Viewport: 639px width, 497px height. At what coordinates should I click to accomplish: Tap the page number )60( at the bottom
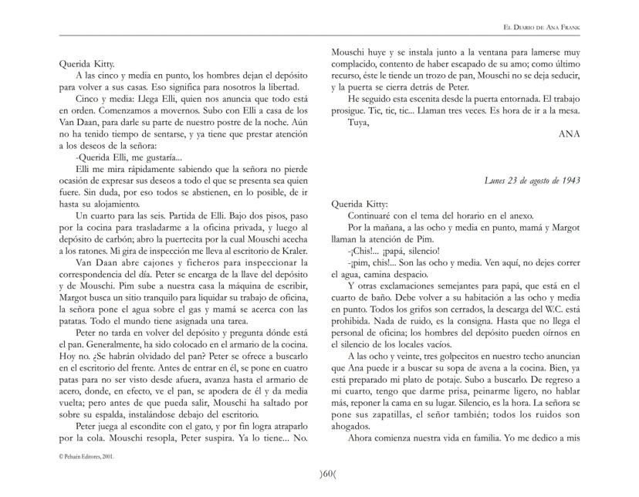tap(319, 472)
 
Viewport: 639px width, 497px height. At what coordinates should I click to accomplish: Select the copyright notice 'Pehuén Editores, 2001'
tap(90, 456)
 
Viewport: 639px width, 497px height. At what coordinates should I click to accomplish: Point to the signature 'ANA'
tap(569, 133)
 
